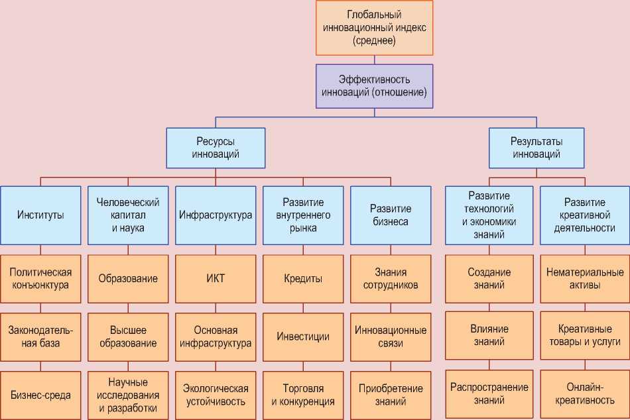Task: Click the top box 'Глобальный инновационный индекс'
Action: (374, 28)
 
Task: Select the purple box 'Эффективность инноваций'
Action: (374, 85)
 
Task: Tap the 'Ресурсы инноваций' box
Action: (216, 148)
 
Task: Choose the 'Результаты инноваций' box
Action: (536, 148)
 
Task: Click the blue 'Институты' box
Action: (40, 215)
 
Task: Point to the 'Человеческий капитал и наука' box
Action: (128, 215)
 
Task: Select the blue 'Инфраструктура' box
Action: (216, 215)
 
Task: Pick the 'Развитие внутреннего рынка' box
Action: (303, 215)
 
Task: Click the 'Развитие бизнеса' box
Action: (391, 215)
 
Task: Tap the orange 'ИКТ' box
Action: (216, 278)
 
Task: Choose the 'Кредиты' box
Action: (303, 279)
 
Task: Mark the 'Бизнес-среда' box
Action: (40, 395)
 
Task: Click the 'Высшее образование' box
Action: (128, 337)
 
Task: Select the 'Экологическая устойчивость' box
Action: (216, 395)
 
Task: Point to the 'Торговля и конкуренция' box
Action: (303, 395)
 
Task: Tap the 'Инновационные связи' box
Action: (391, 337)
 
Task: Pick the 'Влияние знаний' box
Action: (489, 336)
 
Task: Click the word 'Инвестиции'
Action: (303, 337)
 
